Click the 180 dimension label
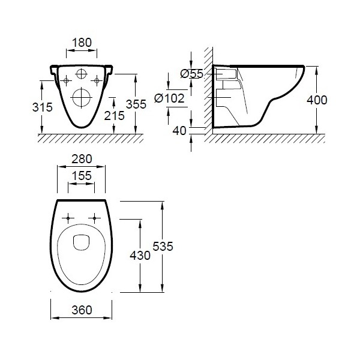pos(81,43)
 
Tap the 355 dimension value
pos(136,104)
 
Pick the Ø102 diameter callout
pos(170,98)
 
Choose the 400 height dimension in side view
pos(316,100)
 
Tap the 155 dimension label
pos(81,176)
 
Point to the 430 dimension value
pos(141,254)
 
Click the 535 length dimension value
pos(163,246)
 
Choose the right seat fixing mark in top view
pos(94,217)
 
